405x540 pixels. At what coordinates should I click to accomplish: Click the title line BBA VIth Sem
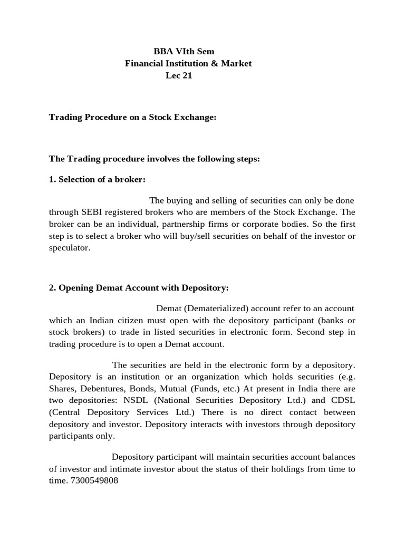pyautogui.click(x=184, y=52)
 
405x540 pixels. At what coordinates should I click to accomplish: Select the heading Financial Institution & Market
pyautogui.click(x=188, y=64)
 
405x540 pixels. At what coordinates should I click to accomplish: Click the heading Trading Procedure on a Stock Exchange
pyautogui.click(x=132, y=118)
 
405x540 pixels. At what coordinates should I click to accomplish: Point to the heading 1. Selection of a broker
pyautogui.click(x=97, y=179)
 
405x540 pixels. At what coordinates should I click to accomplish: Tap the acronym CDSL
pyautogui.click(x=343, y=400)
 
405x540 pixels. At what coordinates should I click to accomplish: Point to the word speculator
pyautogui.click(x=70, y=247)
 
